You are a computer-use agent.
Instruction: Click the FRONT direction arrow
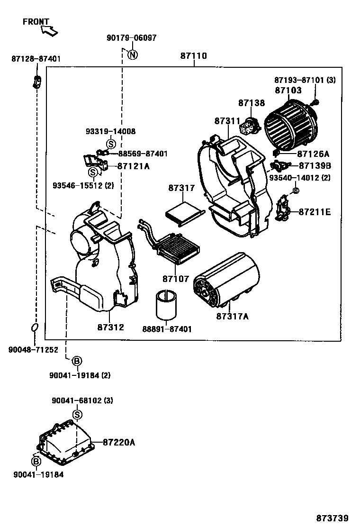click(x=49, y=31)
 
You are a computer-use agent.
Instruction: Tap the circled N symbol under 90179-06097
click(x=133, y=55)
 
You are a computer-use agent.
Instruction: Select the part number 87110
click(x=193, y=56)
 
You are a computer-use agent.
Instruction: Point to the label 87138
click(x=252, y=103)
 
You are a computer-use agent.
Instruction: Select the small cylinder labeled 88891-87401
click(x=167, y=306)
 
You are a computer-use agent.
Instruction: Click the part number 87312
click(x=111, y=327)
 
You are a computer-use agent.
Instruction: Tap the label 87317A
click(x=232, y=316)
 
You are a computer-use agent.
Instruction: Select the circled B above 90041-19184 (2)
click(x=76, y=362)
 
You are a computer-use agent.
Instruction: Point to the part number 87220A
click(x=119, y=442)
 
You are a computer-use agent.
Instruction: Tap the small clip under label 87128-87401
click(x=36, y=81)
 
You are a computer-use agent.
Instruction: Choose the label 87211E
click(x=315, y=212)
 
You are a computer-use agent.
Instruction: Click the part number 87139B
click(x=315, y=166)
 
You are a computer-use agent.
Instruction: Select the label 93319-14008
click(x=110, y=131)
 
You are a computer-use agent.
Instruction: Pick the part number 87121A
click(x=133, y=166)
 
